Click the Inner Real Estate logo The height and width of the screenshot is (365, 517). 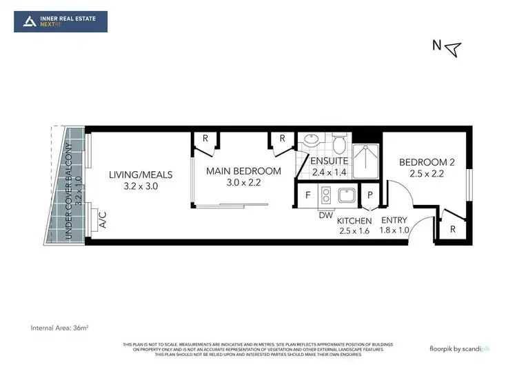coord(61,21)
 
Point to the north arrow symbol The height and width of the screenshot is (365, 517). coord(452,48)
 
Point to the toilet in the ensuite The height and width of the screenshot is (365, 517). coord(338,144)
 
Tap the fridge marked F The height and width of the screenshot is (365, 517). coord(307,195)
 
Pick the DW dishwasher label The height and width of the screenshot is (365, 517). coord(326,215)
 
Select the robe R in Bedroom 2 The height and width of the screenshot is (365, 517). coord(452,228)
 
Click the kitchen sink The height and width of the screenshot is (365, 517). coord(344,195)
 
